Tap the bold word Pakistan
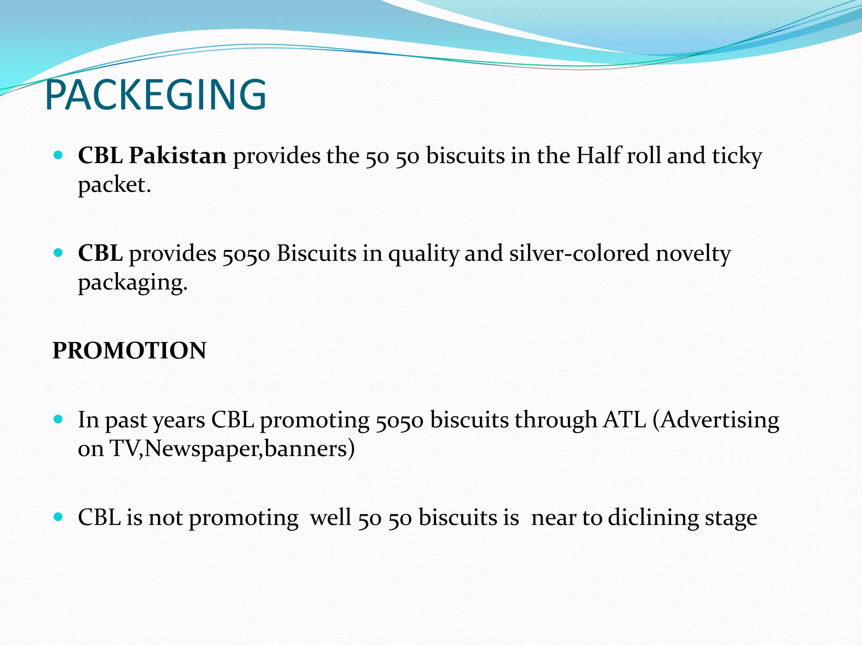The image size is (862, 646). click(178, 156)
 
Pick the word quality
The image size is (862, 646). click(423, 254)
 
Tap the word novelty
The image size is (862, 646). click(693, 254)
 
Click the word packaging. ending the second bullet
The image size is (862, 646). click(133, 283)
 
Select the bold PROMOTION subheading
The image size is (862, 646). click(129, 350)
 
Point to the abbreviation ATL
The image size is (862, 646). click(624, 420)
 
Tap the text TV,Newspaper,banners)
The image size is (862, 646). click(232, 449)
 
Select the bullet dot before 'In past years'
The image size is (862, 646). click(59, 419)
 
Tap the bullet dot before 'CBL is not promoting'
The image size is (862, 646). click(59, 517)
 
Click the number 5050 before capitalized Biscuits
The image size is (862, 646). click(246, 254)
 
